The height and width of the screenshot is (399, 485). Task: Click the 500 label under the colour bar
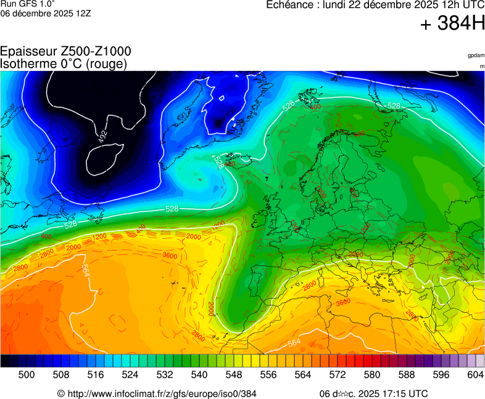click(x=26, y=374)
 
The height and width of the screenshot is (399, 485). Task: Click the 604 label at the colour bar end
click(x=475, y=374)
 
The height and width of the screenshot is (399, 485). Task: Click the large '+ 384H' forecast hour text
click(x=452, y=25)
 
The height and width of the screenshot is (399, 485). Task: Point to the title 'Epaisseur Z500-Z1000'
click(x=65, y=52)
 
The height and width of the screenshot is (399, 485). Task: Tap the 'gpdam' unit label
click(x=476, y=55)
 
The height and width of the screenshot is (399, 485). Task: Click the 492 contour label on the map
click(x=103, y=137)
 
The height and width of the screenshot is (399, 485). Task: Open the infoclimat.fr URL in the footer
click(x=162, y=393)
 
